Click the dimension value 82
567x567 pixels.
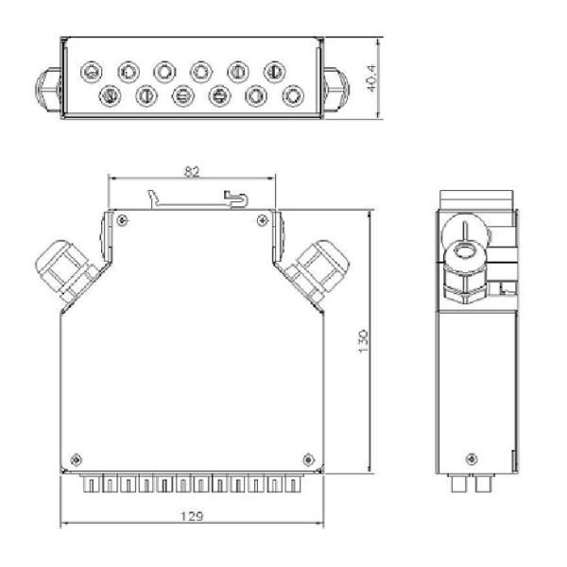point(192,171)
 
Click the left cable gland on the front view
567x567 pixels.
point(62,267)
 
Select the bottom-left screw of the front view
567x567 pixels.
point(77,450)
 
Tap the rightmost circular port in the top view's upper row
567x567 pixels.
point(274,71)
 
